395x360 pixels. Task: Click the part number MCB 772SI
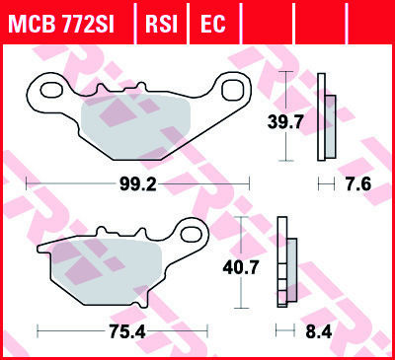tap(62, 24)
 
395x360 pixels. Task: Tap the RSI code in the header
tap(161, 24)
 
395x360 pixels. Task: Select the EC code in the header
tap(212, 24)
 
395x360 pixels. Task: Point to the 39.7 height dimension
tap(285, 122)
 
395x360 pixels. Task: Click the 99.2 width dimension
tap(137, 184)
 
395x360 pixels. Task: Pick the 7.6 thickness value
tap(358, 183)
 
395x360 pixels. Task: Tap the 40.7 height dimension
tap(241, 267)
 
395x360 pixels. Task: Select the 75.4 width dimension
tap(127, 332)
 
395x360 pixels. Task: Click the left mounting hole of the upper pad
tap(51, 90)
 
